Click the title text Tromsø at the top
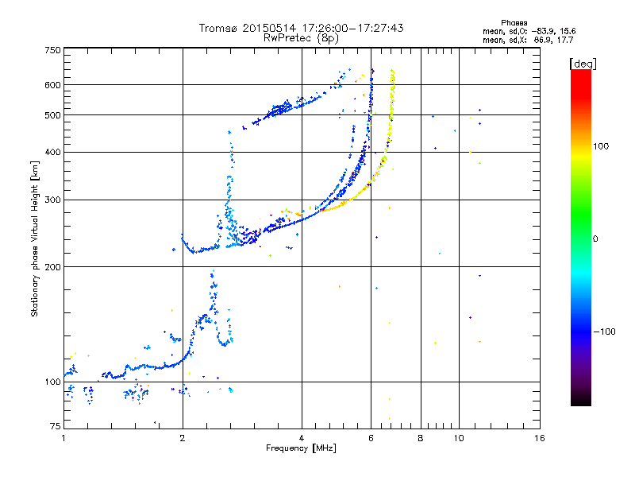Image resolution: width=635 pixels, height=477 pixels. (x=219, y=28)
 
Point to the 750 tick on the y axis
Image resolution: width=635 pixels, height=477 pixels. (x=52, y=49)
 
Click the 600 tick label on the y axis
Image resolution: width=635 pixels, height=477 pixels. (x=52, y=85)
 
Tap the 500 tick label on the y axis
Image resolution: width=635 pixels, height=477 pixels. (x=52, y=115)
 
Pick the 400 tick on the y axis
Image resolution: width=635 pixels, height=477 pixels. (x=52, y=152)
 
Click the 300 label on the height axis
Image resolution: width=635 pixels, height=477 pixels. (x=52, y=200)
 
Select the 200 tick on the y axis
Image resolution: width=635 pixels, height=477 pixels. (x=52, y=267)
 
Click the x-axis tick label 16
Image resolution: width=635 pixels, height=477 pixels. (x=539, y=439)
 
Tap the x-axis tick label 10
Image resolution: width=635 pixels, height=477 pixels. (x=458, y=439)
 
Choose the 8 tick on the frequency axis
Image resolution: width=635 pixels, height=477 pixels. (x=421, y=439)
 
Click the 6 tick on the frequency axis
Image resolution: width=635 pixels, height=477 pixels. (x=371, y=439)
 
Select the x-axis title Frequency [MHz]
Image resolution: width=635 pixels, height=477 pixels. (x=302, y=449)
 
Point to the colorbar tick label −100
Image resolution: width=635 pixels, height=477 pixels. (x=603, y=332)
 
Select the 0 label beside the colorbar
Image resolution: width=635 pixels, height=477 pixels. (x=597, y=239)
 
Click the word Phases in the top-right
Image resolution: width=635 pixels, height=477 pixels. (x=515, y=22)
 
